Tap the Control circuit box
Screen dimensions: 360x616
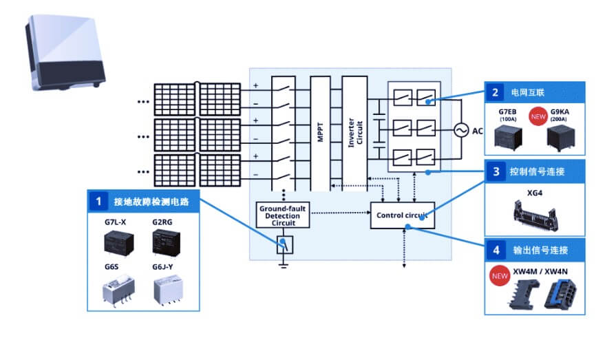click(403, 215)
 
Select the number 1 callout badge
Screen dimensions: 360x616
click(99, 201)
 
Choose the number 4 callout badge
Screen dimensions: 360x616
click(495, 248)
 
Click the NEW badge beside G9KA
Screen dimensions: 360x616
click(538, 115)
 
